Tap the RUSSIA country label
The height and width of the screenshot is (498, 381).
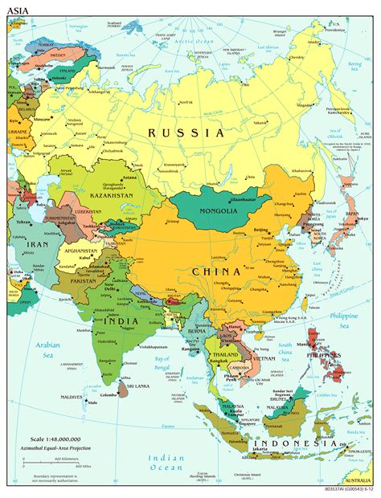tap(186, 133)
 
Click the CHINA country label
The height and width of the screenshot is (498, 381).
tap(215, 272)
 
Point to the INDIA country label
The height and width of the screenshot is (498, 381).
tap(119, 321)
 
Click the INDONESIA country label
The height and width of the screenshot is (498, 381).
tap(295, 443)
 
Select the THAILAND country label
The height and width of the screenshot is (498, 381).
tap(226, 354)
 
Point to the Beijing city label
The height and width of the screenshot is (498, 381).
tap(262, 231)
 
